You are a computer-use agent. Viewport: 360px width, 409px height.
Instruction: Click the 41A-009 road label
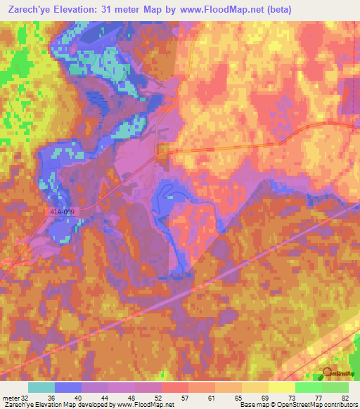(x=62, y=210)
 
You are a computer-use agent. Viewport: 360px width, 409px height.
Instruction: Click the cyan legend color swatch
(x=41, y=387)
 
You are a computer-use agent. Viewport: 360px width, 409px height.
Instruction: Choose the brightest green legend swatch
(x=309, y=387)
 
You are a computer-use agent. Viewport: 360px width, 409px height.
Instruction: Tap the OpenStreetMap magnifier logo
(x=328, y=372)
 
